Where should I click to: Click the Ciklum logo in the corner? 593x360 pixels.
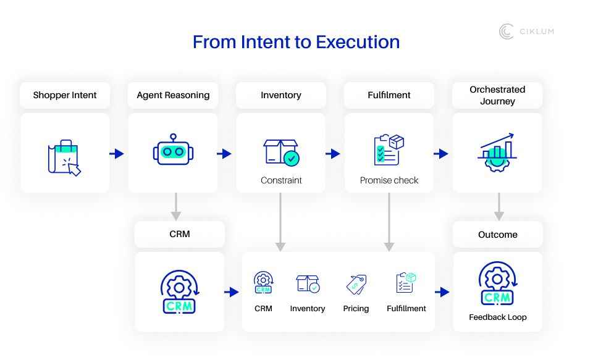526,31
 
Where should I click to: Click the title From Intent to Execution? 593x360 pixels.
296,42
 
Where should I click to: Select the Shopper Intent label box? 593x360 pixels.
64,95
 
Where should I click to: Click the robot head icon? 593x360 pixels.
172,150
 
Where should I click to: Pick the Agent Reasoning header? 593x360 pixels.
173,95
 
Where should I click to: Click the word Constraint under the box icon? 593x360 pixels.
281,180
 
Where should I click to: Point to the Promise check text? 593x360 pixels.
389,180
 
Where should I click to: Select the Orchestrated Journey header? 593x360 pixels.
497,95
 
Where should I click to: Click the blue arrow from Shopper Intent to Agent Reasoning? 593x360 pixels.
117,154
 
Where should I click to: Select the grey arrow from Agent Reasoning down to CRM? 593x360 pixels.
176,207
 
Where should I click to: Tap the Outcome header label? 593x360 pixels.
497,235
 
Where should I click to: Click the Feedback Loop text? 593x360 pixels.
497,317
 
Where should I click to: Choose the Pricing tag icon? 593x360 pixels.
356,284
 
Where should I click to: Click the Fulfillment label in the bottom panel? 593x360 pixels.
406,308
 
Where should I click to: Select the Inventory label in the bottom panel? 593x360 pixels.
307,308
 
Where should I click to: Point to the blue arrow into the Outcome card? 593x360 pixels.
442,292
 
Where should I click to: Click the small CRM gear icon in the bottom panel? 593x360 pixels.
263,283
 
